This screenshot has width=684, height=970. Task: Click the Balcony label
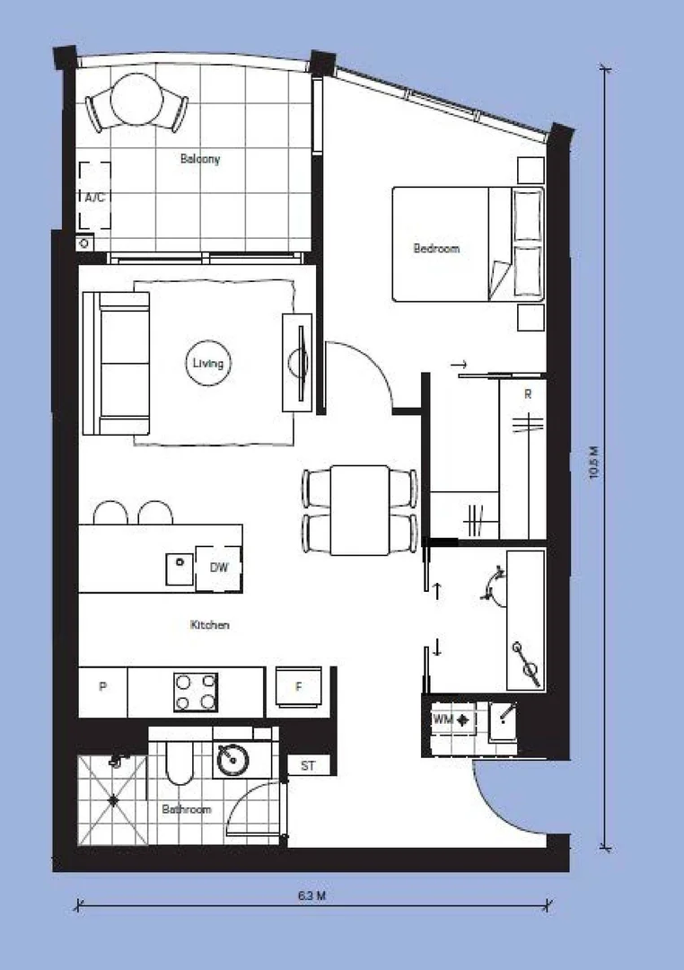click(x=199, y=159)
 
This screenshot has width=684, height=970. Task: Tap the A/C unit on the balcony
click(x=94, y=196)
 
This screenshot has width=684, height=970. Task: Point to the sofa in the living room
click(x=117, y=363)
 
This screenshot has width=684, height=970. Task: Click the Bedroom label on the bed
click(x=436, y=248)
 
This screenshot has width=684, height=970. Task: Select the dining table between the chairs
click(x=359, y=509)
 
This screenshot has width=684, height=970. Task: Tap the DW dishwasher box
click(x=218, y=568)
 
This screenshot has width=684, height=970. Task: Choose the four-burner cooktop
click(x=197, y=692)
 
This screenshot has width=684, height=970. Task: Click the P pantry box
click(x=103, y=688)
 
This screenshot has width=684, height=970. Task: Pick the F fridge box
click(x=300, y=688)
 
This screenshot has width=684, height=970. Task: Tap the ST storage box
click(x=308, y=766)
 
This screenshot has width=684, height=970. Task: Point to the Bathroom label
click(x=186, y=809)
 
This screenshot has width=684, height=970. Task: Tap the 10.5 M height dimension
click(x=593, y=463)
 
